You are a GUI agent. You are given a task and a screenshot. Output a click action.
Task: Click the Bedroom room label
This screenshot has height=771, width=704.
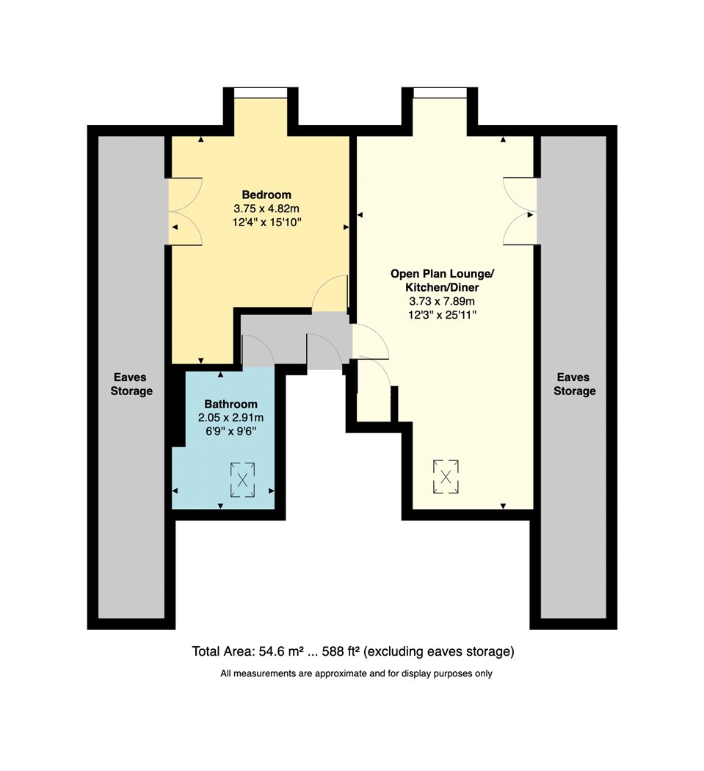266,195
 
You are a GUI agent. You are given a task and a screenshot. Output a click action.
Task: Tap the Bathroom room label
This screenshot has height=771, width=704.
231,404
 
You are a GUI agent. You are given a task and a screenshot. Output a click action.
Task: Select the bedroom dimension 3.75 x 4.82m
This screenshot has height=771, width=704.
266,209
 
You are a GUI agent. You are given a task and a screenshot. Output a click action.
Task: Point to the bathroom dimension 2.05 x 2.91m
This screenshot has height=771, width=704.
231,418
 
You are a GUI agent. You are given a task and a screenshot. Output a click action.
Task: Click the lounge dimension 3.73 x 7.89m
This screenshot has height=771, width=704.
442,301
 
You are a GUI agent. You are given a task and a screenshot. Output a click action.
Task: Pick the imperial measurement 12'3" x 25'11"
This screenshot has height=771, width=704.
442,315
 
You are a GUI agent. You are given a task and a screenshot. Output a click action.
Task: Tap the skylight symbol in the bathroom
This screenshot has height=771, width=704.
242,479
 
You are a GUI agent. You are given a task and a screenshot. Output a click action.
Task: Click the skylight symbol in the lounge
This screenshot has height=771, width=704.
446,477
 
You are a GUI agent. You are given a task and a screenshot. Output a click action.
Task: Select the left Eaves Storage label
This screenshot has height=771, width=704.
131,384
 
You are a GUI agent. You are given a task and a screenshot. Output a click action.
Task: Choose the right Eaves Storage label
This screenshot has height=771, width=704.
574,384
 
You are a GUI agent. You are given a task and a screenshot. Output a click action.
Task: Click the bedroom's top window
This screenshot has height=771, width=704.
261,93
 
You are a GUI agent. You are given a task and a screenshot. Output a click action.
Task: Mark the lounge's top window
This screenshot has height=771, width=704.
440,93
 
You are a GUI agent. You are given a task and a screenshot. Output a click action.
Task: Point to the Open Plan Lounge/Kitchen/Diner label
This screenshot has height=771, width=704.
442,280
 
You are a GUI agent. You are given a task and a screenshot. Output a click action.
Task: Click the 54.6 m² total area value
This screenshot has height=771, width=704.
280,651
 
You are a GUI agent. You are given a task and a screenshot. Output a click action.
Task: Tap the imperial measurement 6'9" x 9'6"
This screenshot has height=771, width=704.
231,432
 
